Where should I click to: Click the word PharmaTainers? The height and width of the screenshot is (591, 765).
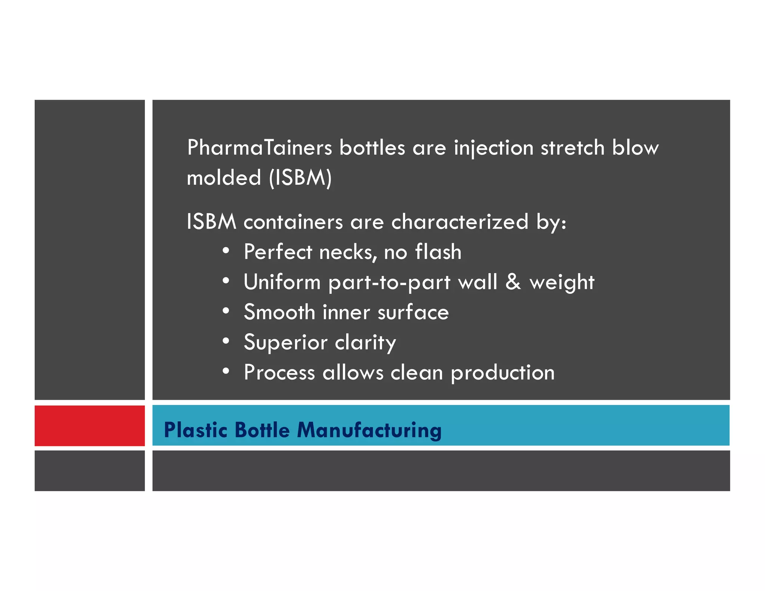click(x=260, y=148)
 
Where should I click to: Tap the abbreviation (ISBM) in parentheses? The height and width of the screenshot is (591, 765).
click(x=300, y=177)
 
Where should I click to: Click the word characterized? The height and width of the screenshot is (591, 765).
click(x=460, y=222)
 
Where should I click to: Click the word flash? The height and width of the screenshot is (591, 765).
click(x=438, y=252)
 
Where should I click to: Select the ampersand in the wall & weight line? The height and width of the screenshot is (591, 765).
click(x=513, y=282)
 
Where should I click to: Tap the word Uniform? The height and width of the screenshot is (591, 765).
click(x=282, y=282)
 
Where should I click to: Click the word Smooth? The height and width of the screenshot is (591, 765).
click(x=279, y=312)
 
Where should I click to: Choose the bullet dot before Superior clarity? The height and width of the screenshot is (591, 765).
click(x=226, y=341)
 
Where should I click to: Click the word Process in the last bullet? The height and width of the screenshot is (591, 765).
click(x=279, y=372)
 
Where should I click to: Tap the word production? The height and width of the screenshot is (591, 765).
click(x=503, y=373)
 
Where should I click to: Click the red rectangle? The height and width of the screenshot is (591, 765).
click(x=90, y=426)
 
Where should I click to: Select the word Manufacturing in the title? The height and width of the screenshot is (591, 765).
click(x=369, y=430)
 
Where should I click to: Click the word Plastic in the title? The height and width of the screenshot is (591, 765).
click(x=196, y=430)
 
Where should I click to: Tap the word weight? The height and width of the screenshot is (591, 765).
click(x=562, y=282)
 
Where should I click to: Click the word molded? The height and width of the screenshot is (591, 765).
click(x=224, y=177)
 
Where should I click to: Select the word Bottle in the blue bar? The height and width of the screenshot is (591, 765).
click(x=262, y=430)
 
